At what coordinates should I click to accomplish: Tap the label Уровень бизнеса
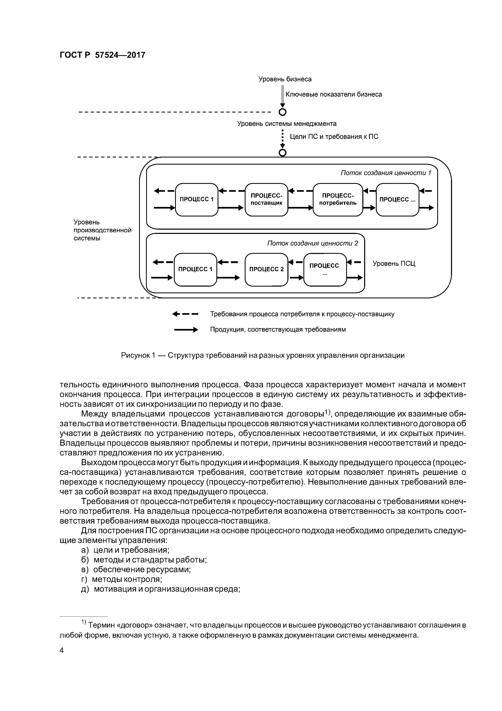click(285, 79)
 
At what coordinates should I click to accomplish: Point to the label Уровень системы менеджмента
click(287, 124)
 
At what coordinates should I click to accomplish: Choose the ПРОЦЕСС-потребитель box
click(338, 199)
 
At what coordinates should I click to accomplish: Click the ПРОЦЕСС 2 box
click(266, 269)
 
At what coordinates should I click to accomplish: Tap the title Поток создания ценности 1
click(386, 173)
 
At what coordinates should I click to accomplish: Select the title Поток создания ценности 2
click(312, 243)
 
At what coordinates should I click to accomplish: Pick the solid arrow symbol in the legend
click(186, 330)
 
